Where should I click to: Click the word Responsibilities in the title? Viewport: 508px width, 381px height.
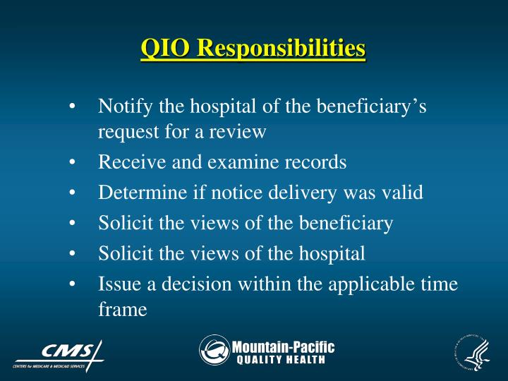281,49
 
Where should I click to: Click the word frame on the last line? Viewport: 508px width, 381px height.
122,308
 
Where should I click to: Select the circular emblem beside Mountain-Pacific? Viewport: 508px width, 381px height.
214,350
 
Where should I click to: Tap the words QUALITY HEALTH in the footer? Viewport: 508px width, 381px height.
280,360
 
